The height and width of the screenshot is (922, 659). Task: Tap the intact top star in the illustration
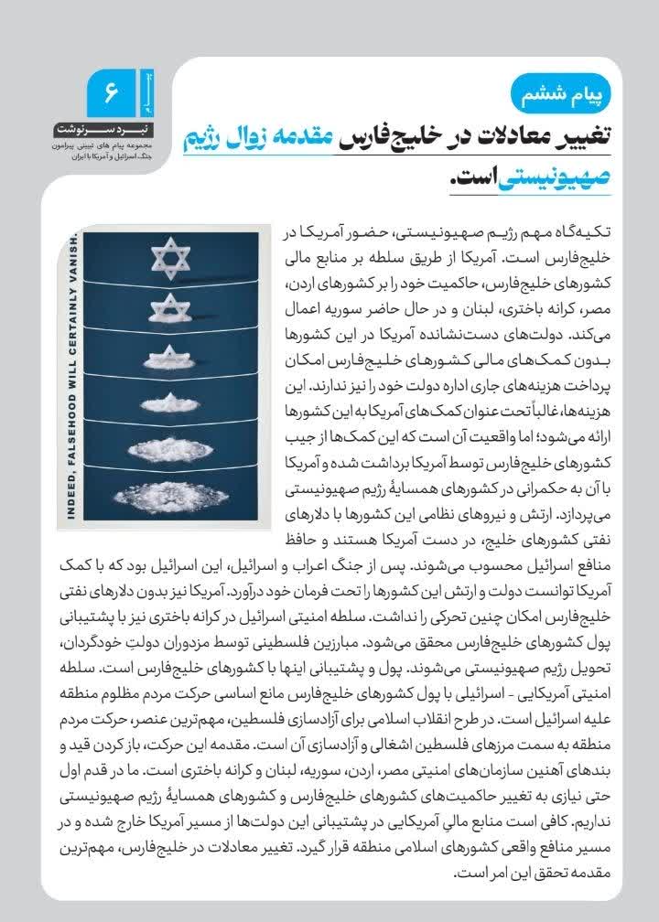[x=174, y=257]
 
